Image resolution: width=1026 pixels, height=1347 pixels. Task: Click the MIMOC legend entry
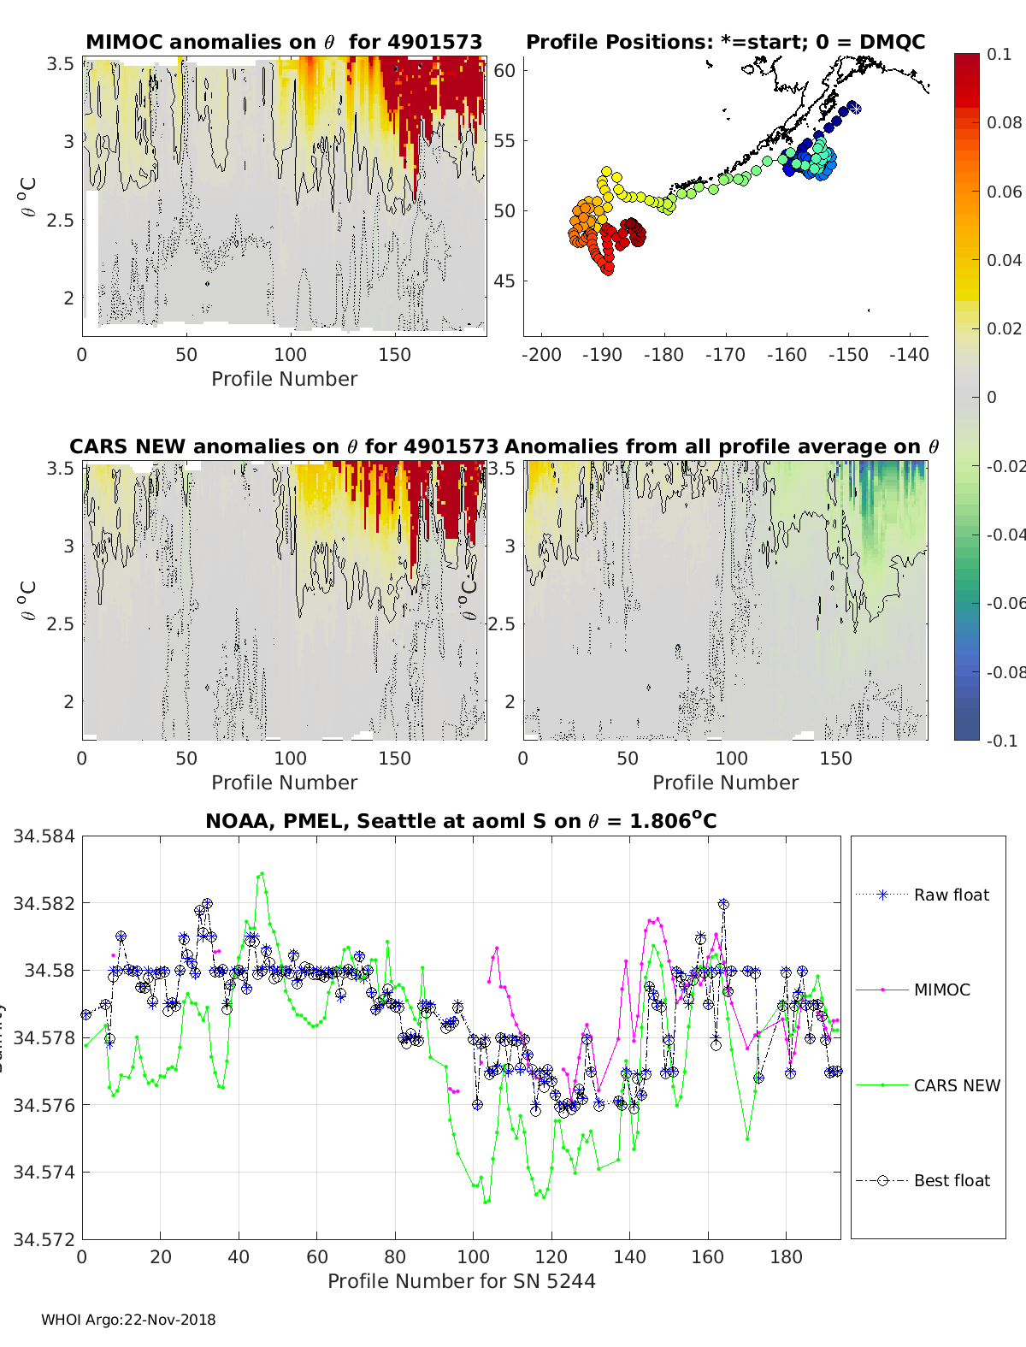tap(941, 990)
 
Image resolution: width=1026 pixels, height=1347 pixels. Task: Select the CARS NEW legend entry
tap(957, 1085)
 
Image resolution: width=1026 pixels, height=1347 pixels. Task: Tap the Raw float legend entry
tap(951, 895)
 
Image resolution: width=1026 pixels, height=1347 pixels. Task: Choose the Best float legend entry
tap(952, 1181)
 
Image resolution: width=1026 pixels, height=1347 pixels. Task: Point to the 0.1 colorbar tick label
tap(999, 54)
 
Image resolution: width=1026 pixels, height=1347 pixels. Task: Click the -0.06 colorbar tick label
tap(1005, 604)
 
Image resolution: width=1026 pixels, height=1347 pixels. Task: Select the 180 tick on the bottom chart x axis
tap(787, 1257)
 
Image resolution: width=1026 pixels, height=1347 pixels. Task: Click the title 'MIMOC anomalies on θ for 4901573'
tap(284, 43)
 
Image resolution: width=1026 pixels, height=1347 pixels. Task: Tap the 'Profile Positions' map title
tap(725, 43)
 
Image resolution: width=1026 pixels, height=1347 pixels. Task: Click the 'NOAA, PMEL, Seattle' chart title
tap(461, 822)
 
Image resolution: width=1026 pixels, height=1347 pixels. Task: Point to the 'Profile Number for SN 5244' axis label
tap(461, 1281)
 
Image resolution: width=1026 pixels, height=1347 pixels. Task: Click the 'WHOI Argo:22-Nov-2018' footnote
tap(128, 1320)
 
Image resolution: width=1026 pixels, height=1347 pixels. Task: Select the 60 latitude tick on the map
tap(505, 71)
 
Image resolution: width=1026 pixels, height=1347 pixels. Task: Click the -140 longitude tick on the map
tap(909, 355)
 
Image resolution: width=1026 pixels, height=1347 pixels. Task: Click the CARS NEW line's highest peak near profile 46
tap(262, 873)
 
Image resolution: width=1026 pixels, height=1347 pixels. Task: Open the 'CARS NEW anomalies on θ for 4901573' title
tap(284, 447)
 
